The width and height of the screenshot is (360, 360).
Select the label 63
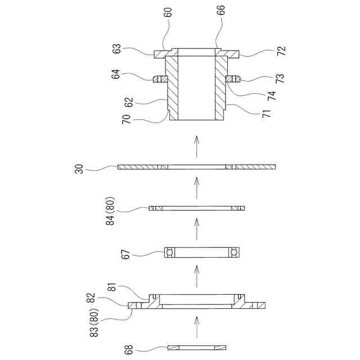point(117,49)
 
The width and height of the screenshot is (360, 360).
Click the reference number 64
point(117,75)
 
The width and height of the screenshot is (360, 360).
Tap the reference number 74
point(272,94)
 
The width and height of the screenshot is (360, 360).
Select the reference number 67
point(127,253)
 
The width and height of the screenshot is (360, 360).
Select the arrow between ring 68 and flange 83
point(196,325)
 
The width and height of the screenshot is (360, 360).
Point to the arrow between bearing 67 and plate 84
point(196,227)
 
